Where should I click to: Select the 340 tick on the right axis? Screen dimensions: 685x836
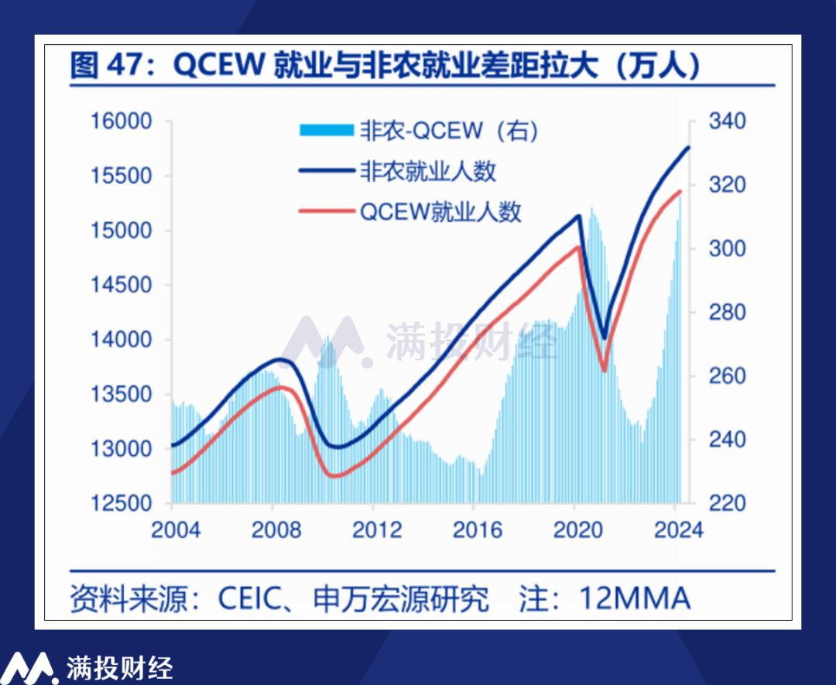point(725,122)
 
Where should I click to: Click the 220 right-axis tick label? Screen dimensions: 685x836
point(725,502)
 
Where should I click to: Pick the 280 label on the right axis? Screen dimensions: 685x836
point(725,312)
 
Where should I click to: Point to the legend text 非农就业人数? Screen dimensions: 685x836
point(427,170)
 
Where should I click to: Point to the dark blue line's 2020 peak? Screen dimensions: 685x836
point(578,216)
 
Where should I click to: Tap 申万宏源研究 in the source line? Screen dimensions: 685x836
point(401,598)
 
